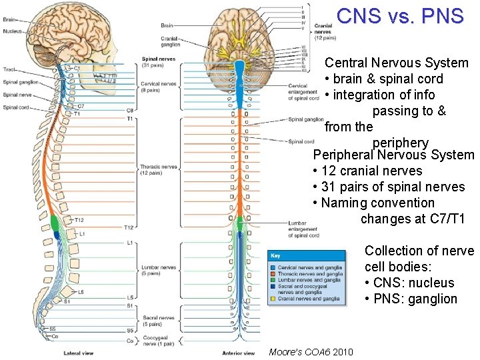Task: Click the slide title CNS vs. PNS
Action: pyautogui.click(x=400, y=16)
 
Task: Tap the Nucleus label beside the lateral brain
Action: pyautogui.click(x=13, y=31)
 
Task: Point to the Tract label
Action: pyautogui.click(x=9, y=69)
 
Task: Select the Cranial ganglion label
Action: pyautogui.click(x=170, y=42)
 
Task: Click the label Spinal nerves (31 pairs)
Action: pyautogui.click(x=158, y=62)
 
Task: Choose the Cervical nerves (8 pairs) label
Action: pyautogui.click(x=158, y=87)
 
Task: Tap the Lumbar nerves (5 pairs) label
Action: pyautogui.click(x=158, y=270)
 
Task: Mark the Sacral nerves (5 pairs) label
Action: pyautogui.click(x=158, y=321)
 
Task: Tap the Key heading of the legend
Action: pyautogui.click(x=275, y=255)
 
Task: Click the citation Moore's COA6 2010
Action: pyautogui.click(x=311, y=351)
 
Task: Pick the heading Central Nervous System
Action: pyautogui.click(x=396, y=63)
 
